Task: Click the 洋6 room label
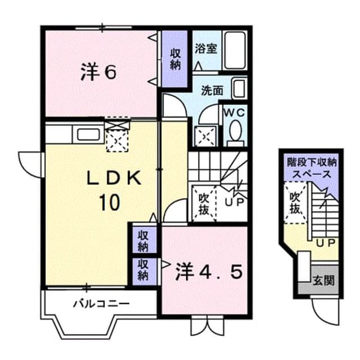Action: (x=98, y=73)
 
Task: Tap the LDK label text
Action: (x=114, y=178)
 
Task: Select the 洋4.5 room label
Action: (x=209, y=272)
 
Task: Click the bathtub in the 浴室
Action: (x=235, y=50)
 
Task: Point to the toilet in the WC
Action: (x=235, y=134)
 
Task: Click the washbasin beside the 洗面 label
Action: (x=239, y=88)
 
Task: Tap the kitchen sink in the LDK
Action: (x=88, y=134)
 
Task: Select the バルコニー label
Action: (x=101, y=304)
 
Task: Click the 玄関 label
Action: (x=324, y=280)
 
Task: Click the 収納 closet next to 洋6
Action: (x=175, y=59)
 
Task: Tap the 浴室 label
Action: (x=206, y=48)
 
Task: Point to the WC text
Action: (x=235, y=112)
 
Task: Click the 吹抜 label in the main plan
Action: (x=204, y=204)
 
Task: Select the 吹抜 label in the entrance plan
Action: (x=295, y=202)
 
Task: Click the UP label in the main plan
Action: (x=234, y=202)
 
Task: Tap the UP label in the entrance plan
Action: (x=326, y=243)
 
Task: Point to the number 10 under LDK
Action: (x=110, y=202)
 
